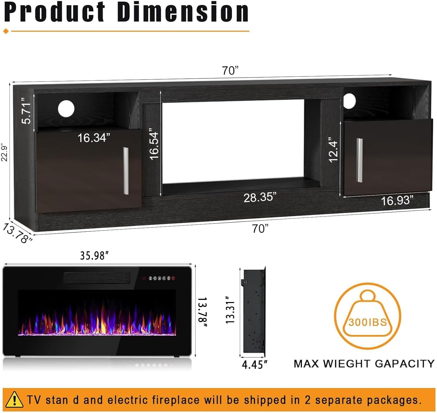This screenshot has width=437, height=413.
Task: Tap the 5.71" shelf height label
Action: (x=27, y=110)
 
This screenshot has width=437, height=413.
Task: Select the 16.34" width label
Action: (x=94, y=138)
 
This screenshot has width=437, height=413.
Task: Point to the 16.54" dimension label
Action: (x=154, y=145)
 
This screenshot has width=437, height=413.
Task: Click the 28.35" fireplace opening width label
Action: (x=260, y=197)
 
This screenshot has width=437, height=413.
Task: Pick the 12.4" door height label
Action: (x=333, y=151)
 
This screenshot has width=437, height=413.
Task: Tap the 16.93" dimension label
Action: (x=397, y=201)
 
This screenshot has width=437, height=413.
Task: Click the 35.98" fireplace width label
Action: (x=94, y=255)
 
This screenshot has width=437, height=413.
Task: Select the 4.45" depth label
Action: (x=255, y=364)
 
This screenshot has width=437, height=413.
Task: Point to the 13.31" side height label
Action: (x=230, y=310)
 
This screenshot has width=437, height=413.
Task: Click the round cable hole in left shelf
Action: (x=66, y=109)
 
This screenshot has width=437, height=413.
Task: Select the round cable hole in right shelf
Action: (x=349, y=101)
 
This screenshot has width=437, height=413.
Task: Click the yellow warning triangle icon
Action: (x=14, y=400)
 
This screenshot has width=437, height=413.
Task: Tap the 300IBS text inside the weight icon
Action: (x=367, y=322)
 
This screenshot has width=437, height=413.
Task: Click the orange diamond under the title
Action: (x=6, y=31)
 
